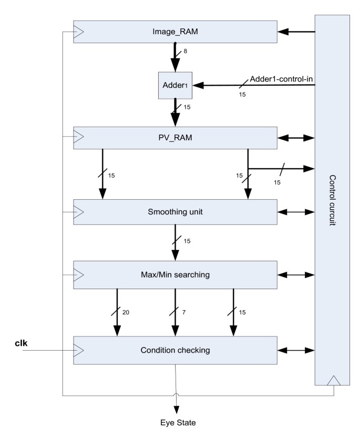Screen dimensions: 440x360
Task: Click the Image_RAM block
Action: tap(175, 32)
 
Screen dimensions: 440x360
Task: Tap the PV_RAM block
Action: tap(175, 138)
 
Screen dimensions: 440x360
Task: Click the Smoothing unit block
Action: tap(175, 212)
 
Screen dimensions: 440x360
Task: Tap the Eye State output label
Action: tap(174, 422)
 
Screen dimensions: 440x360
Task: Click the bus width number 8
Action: tap(184, 52)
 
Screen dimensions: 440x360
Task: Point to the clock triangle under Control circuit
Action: tap(333, 380)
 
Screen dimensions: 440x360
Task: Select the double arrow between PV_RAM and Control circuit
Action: tap(296, 138)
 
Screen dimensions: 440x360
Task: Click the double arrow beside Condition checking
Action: tap(296, 349)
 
